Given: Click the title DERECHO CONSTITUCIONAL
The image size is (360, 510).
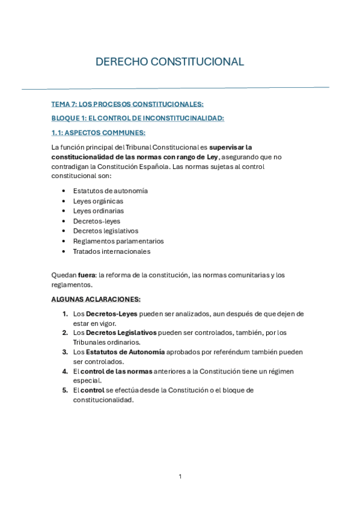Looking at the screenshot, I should [x=170, y=62].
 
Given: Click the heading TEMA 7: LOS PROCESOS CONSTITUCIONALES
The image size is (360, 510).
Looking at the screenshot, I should [x=128, y=104].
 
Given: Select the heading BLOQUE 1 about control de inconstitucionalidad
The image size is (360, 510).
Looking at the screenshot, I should [x=138, y=118].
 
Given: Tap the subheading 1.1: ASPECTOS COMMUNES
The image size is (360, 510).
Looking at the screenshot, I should [x=99, y=133].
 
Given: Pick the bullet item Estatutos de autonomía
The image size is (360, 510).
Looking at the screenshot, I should [x=111, y=191].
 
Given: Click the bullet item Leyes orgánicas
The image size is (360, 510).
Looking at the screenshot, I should [x=98, y=201].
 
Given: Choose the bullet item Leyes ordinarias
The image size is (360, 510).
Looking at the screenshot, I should [x=99, y=211].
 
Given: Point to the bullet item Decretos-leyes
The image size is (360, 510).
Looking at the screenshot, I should [x=97, y=221].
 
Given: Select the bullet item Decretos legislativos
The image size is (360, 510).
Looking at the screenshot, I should [x=106, y=231].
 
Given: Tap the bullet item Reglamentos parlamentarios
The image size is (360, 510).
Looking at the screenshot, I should [x=118, y=241].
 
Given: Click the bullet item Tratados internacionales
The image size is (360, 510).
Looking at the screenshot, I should [x=112, y=251].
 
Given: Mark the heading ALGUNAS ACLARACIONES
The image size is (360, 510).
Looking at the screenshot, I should [x=96, y=299].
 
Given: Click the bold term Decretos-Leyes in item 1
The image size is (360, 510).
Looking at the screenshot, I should [x=111, y=313].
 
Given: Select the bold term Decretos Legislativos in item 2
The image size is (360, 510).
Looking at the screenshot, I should [x=121, y=333].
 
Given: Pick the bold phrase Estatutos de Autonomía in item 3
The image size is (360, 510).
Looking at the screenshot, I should [x=125, y=352].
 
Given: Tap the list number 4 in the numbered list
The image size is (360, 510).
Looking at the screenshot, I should [x=65, y=371].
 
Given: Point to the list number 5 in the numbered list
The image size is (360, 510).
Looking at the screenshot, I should [x=65, y=390].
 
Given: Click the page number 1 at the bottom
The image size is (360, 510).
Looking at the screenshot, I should [x=180, y=476].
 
